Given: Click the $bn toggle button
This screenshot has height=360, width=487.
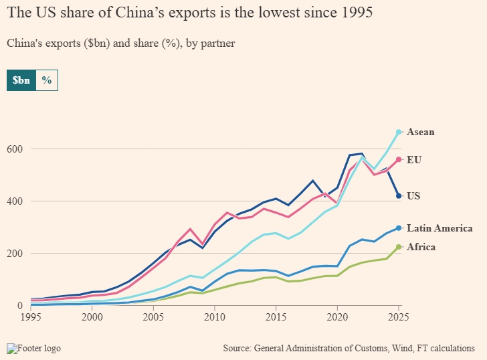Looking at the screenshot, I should click(x=21, y=80).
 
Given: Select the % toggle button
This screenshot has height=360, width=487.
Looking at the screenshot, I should click(x=47, y=80).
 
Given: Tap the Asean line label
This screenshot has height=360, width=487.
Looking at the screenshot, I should click(x=421, y=132).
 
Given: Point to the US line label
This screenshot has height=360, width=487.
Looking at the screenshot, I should click(x=414, y=196).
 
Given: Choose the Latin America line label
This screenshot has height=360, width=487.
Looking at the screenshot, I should click(x=440, y=228).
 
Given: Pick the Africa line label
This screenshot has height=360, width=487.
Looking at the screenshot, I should click(x=421, y=247).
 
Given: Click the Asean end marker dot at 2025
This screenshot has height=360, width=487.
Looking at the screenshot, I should click(x=399, y=132).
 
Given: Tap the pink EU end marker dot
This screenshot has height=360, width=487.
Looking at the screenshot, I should click(x=399, y=160).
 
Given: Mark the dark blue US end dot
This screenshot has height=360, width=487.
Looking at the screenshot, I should click(x=399, y=196).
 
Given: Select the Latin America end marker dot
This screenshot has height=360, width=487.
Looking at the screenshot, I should click(x=399, y=228).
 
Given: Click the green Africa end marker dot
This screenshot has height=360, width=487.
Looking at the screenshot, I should click(x=399, y=247).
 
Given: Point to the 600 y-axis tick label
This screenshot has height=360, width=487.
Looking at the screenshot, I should click(x=15, y=149).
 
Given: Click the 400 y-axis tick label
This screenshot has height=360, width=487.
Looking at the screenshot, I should click(x=15, y=201).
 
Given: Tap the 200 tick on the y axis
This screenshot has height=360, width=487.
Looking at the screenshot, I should click(x=15, y=254).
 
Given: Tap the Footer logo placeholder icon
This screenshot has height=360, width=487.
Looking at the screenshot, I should click(x=11, y=348).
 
